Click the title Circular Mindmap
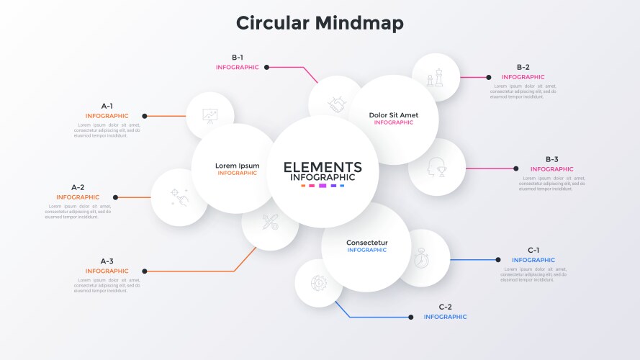320,23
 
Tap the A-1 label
107,106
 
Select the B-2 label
523,67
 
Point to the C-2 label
445,307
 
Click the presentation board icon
209,115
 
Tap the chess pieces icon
435,77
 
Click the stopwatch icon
422,258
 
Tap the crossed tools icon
270,222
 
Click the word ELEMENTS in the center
323,167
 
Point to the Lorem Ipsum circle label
237,166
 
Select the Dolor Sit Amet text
393,114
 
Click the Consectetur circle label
366,243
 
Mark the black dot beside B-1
267,67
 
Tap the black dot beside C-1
497,259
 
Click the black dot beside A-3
145,271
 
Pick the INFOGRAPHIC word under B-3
551,169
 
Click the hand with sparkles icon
179,197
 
